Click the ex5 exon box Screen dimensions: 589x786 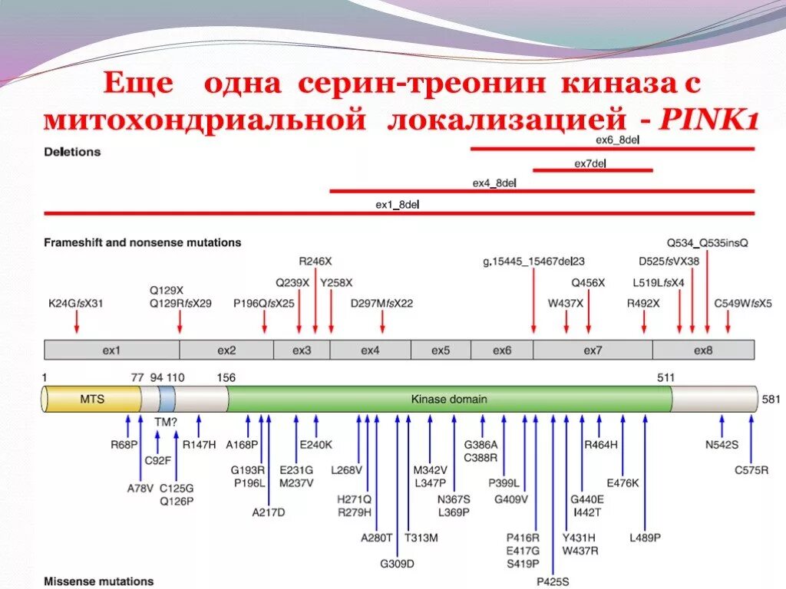pyautogui.click(x=441, y=350)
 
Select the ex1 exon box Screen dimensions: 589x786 pyautogui.click(x=112, y=350)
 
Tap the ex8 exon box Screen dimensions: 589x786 pyautogui.click(x=703, y=350)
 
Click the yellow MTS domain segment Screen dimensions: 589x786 pyautogui.click(x=92, y=400)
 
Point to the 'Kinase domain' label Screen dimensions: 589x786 pyautogui.click(x=449, y=400)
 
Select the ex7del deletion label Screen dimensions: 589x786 pyautogui.click(x=590, y=163)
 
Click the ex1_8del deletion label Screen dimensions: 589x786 pyautogui.click(x=397, y=205)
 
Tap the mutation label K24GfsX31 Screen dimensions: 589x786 pyautogui.click(x=75, y=303)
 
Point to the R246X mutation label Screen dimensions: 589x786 pyautogui.click(x=315, y=262)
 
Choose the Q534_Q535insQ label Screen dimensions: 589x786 pyautogui.click(x=707, y=242)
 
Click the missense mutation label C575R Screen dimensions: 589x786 pyautogui.click(x=751, y=470)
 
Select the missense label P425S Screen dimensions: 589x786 pyautogui.click(x=553, y=581)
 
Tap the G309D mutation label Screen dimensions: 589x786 pyautogui.click(x=397, y=563)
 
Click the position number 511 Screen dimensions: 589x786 pyautogui.click(x=665, y=377)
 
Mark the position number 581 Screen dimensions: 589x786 pyautogui.click(x=770, y=400)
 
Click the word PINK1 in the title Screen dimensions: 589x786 pyautogui.click(x=710, y=120)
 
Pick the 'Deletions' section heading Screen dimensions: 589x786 pyautogui.click(x=72, y=152)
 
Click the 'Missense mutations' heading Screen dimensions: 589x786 pyautogui.click(x=98, y=581)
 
